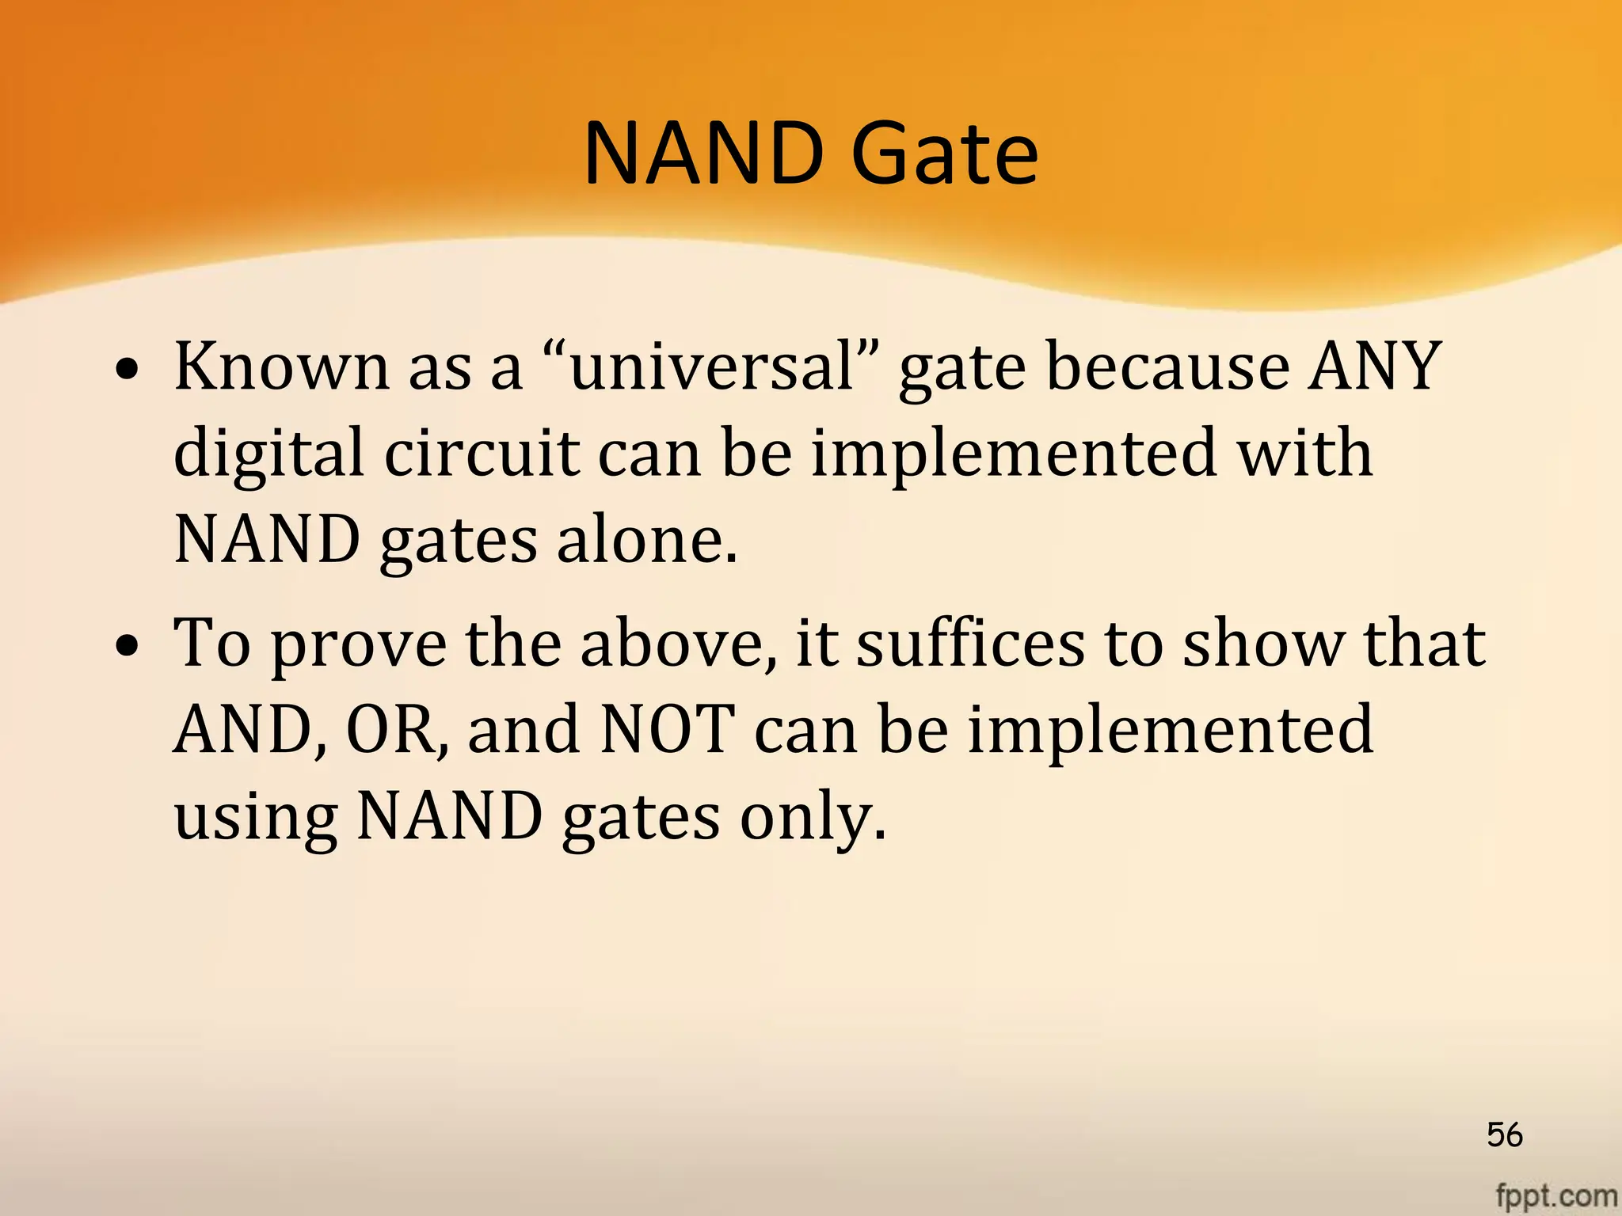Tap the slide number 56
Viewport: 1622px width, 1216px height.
tap(1504, 1134)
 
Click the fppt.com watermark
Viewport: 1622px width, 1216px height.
tap(1555, 1195)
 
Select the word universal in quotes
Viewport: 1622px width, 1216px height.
tap(712, 366)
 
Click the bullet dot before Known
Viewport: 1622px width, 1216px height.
tap(128, 370)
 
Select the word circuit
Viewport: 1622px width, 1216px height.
tap(482, 453)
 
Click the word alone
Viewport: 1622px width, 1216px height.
tap(647, 540)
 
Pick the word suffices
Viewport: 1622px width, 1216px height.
tap(971, 643)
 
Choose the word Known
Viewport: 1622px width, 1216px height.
tap(281, 366)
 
